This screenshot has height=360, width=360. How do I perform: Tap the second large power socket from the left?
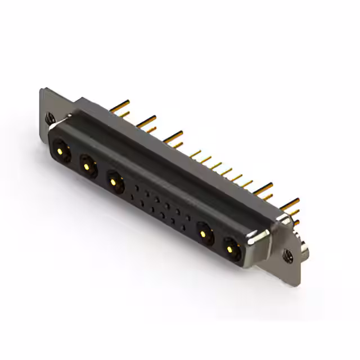point(87,166)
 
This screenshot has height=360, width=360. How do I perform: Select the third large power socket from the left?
point(115,182)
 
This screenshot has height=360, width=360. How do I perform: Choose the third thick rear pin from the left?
point(174,135)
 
